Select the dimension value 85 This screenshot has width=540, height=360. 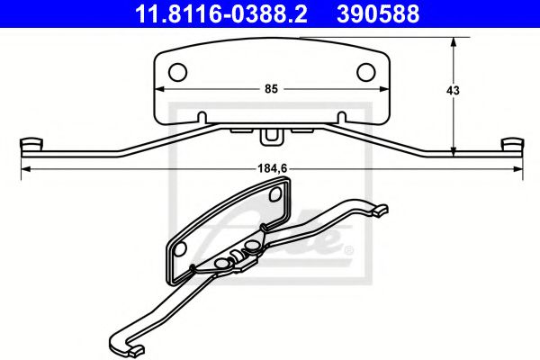tap(270, 88)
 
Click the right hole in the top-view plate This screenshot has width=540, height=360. tap(367, 71)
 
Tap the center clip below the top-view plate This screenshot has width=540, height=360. tap(270, 137)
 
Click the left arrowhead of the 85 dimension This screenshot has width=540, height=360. tap(158, 89)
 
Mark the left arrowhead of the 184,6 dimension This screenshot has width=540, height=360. tap(24, 167)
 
